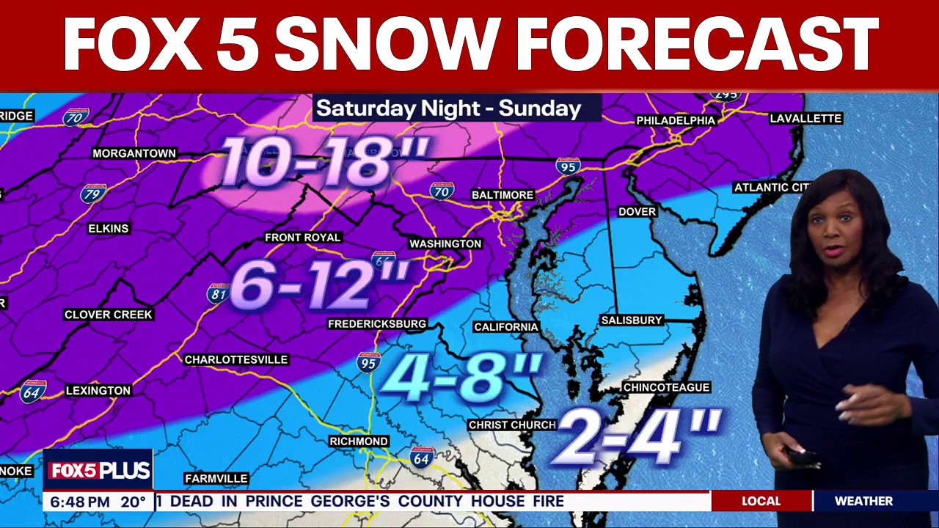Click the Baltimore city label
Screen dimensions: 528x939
(502, 195)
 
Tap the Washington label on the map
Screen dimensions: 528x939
(445, 243)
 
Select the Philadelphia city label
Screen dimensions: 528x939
(675, 120)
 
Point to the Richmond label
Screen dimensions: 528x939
(359, 441)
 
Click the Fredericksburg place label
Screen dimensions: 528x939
(377, 323)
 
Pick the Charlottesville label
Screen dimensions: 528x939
(235, 359)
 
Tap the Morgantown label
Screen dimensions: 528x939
(134, 153)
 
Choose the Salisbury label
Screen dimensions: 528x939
(632, 320)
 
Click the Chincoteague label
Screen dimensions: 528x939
(666, 387)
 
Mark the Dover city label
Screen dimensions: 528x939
(637, 211)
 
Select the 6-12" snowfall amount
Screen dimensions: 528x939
(320, 284)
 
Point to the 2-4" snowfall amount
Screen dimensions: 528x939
(636, 436)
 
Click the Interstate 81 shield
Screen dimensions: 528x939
(218, 294)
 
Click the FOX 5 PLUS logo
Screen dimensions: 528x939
(98, 471)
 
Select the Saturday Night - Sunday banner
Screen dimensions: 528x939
(449, 109)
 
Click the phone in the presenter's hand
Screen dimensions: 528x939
(801, 455)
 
